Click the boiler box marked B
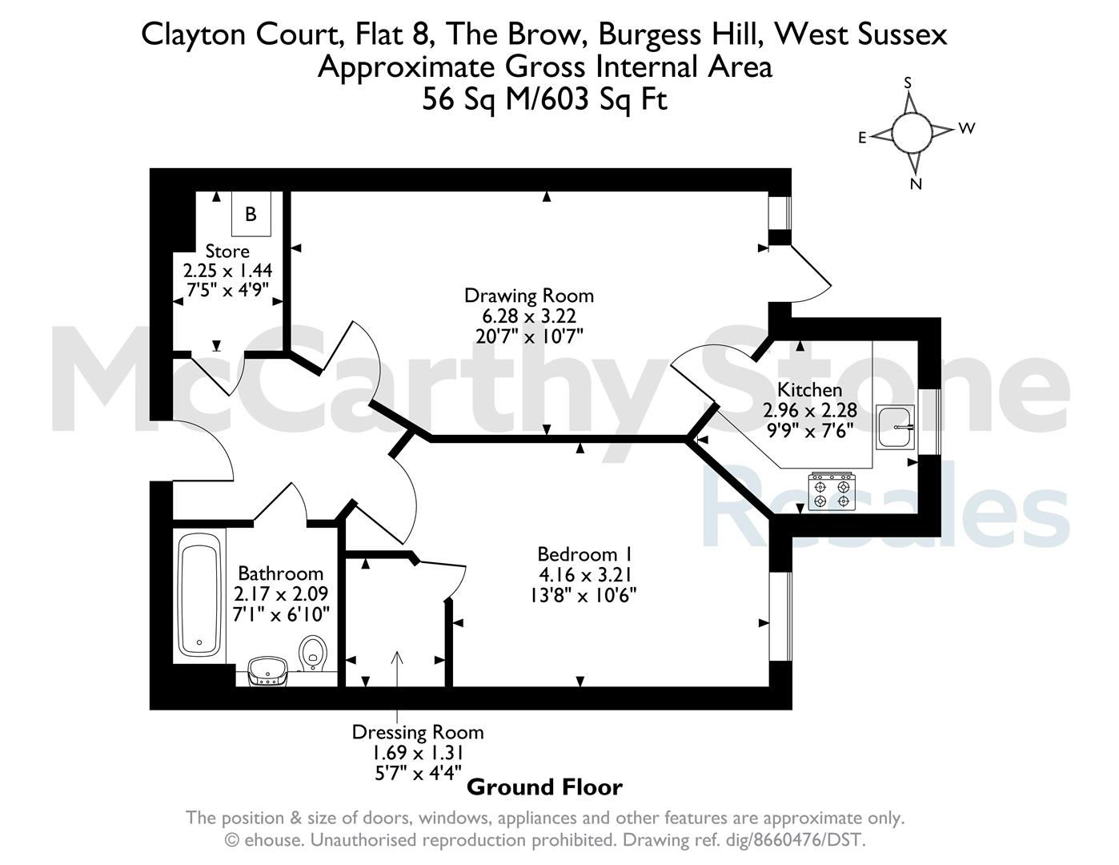pyautogui.click(x=251, y=213)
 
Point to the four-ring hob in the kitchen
pyautogui.click(x=832, y=492)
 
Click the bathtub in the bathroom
pyautogui.click(x=199, y=597)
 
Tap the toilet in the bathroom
pyautogui.click(x=313, y=654)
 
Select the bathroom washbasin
pyautogui.click(x=268, y=671)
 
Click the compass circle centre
pyautogui.click(x=912, y=133)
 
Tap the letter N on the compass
pyautogui.click(x=916, y=184)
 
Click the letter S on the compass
pyautogui.click(x=908, y=83)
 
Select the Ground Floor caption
pyautogui.click(x=544, y=787)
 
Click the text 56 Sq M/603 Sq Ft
pyautogui.click(x=544, y=99)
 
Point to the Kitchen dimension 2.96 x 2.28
pyautogui.click(x=809, y=410)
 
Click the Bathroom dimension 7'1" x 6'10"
pyautogui.click(x=281, y=614)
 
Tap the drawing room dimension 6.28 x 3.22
pyautogui.click(x=529, y=316)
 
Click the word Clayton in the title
pyautogui.click(x=193, y=35)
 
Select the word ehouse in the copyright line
pyautogui.click(x=272, y=840)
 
